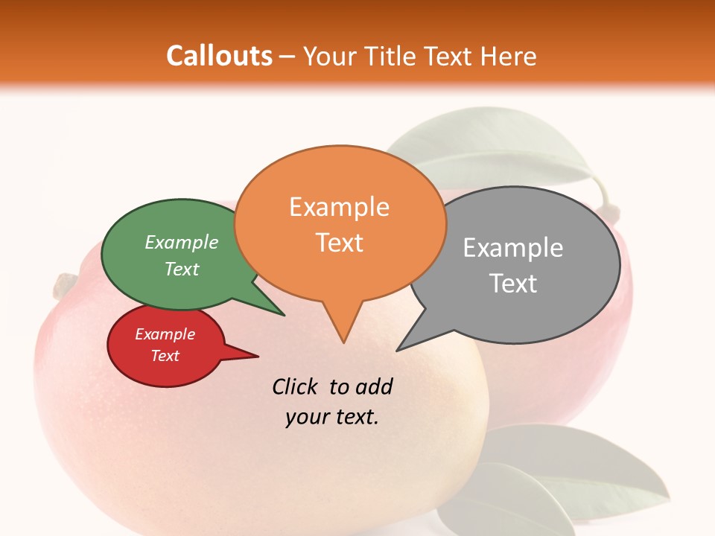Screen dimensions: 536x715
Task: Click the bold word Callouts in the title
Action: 219,56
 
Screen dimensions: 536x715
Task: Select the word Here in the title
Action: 509,56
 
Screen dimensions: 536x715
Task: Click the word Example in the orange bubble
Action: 339,207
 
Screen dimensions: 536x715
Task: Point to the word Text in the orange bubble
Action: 339,243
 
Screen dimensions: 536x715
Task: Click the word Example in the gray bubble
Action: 513,248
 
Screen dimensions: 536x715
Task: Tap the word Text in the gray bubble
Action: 513,284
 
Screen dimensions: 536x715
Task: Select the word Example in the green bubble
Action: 182,243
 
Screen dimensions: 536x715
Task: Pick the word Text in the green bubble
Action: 182,269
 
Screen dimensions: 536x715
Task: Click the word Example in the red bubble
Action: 165,334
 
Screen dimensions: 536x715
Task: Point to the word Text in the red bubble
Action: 165,356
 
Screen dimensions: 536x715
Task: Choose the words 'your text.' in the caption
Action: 332,417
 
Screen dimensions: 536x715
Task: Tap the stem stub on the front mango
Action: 64,284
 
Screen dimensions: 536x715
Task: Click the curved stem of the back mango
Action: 607,201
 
